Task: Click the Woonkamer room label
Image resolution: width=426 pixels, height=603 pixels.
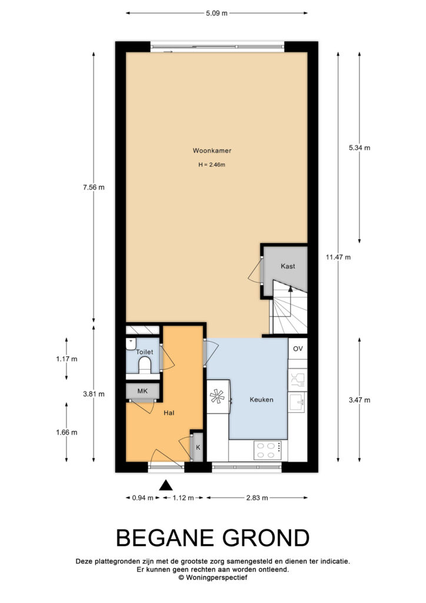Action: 212,150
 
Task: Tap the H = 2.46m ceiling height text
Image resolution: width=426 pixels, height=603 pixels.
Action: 212,165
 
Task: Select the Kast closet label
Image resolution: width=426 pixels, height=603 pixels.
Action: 288,266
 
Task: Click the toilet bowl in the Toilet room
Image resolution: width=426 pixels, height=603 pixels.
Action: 144,364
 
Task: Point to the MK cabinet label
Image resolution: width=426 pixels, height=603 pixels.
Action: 142,391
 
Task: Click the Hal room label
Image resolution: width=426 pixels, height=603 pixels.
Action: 169,413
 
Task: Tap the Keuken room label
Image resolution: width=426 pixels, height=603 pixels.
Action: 262,400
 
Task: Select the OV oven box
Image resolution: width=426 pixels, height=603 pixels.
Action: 298,349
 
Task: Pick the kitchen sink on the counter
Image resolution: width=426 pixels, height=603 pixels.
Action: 298,402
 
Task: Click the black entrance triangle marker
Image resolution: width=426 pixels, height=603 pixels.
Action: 165,485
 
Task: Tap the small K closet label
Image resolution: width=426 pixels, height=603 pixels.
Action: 198,448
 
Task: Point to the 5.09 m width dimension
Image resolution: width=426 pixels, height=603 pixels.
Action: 217,13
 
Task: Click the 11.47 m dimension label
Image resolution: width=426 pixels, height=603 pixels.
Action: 338,257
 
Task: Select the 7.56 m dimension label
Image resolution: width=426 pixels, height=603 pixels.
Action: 94,187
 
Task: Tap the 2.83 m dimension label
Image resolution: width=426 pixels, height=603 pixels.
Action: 257,498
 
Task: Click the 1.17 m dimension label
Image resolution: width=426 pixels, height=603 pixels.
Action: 66,359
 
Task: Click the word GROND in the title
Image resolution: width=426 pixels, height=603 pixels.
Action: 266,538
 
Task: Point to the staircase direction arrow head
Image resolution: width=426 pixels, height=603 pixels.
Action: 291,289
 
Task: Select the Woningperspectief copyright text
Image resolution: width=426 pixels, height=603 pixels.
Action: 213,577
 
